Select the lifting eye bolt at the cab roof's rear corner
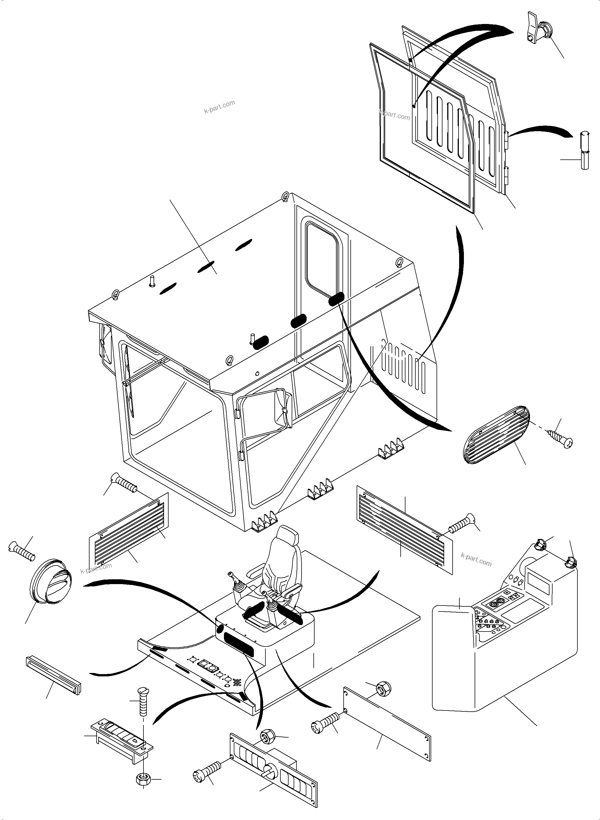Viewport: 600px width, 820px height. tap(286, 197)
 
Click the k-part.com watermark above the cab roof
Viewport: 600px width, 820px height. tap(219, 106)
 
